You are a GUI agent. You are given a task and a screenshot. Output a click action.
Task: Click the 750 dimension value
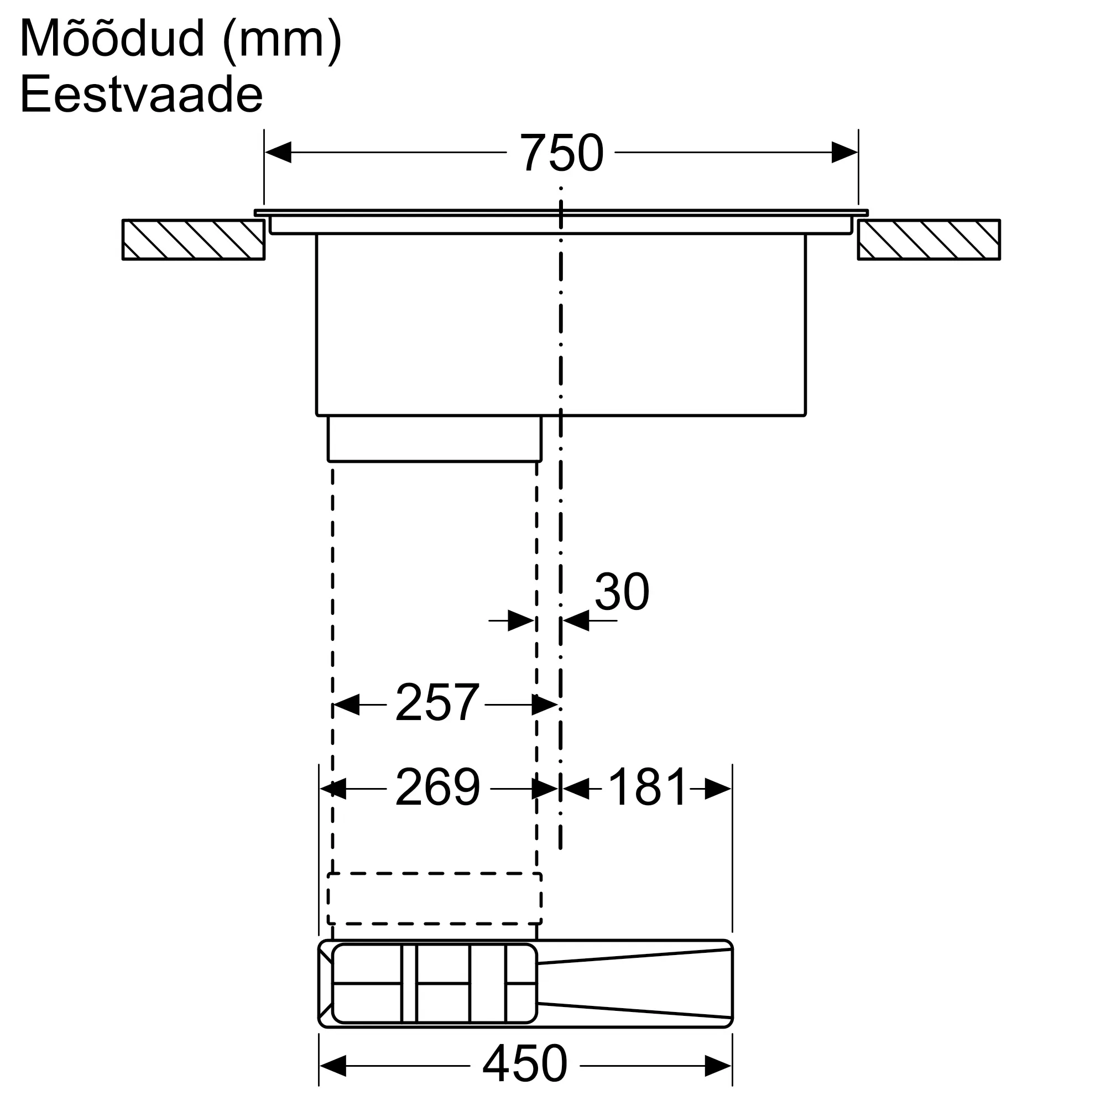point(561,153)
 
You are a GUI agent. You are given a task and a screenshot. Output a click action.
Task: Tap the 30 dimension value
point(622,592)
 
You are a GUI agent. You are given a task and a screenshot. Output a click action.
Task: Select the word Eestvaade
point(142,95)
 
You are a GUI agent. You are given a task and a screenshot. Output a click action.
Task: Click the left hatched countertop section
point(194,240)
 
